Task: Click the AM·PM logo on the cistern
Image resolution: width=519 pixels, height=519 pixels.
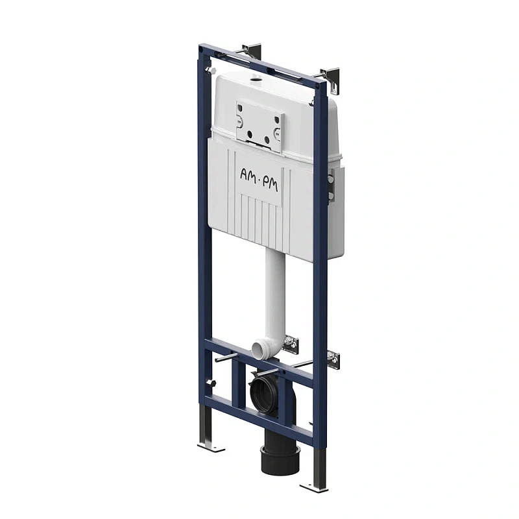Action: point(259,180)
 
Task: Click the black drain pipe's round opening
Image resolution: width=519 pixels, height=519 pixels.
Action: point(263,391)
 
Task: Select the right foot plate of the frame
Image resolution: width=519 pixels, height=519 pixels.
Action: point(313,487)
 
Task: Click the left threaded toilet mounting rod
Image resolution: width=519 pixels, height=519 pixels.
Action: point(226,357)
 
